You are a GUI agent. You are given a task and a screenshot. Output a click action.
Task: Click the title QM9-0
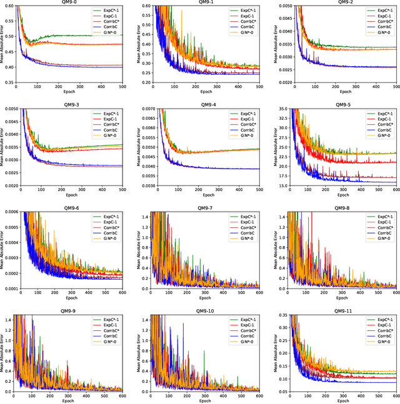point(69,2)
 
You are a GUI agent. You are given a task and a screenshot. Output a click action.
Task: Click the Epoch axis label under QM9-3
point(69,195)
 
